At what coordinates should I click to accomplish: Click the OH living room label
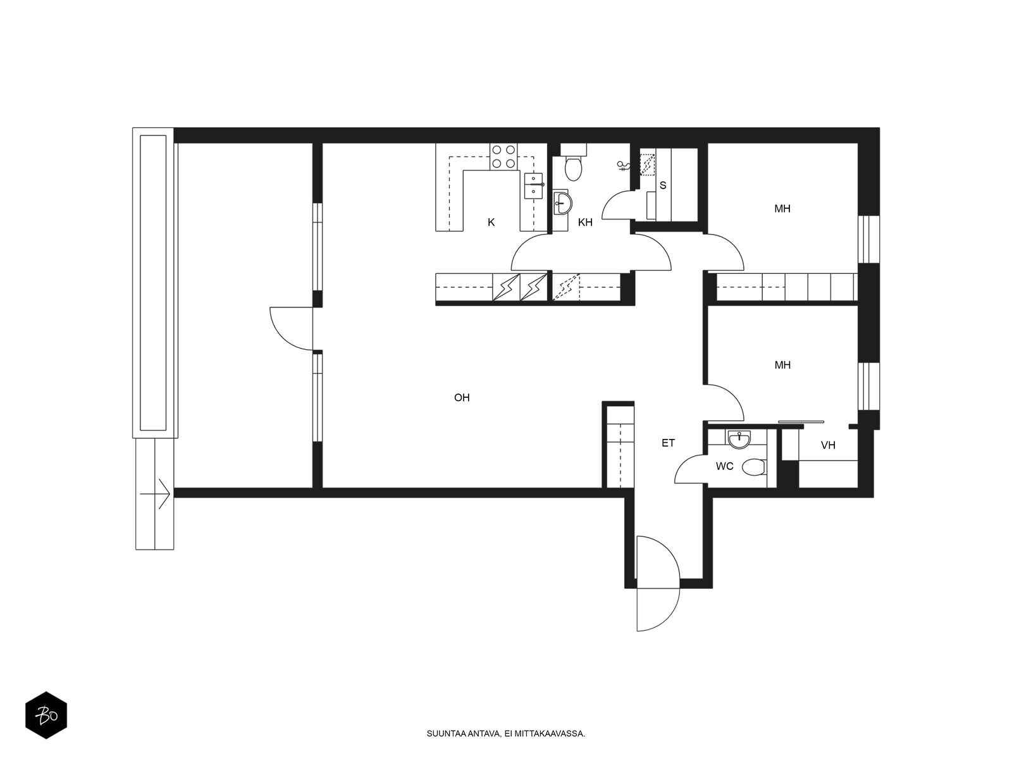tap(462, 398)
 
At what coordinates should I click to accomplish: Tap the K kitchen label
tap(491, 222)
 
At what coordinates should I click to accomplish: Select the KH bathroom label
tap(585, 222)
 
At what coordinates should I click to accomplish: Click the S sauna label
tap(663, 185)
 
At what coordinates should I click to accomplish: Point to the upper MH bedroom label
tap(782, 208)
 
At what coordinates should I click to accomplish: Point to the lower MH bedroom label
tap(782, 365)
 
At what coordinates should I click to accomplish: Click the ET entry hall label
tap(668, 443)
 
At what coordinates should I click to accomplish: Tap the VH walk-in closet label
tap(828, 445)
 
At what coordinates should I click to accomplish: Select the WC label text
tap(724, 466)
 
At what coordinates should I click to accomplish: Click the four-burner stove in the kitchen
tap(503, 157)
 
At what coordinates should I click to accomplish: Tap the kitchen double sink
tap(534, 185)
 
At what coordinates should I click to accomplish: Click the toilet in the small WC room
tap(753, 467)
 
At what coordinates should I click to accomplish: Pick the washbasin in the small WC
tap(739, 438)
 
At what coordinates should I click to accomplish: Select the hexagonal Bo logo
tap(46, 717)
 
